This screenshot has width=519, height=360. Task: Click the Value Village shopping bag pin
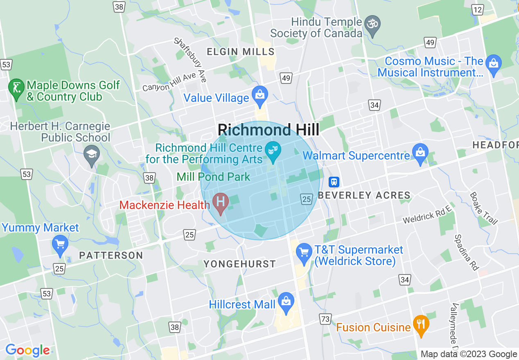point(259,95)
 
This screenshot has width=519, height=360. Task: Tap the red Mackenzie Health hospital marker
point(221,202)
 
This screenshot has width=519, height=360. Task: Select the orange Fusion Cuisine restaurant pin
point(420,325)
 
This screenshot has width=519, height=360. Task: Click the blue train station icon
point(334,182)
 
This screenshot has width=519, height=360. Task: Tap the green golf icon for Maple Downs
point(16,88)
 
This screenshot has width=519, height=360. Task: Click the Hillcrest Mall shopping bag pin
point(286,302)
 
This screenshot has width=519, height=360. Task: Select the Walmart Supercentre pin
point(420,153)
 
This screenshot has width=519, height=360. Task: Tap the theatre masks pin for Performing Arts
point(271,150)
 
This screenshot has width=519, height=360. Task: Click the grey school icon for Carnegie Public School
point(92,155)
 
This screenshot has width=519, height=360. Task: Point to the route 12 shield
point(477,9)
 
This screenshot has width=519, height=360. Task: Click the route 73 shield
point(325,319)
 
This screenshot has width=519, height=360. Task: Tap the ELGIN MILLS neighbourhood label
point(241,52)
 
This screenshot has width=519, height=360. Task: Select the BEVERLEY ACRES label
point(364,196)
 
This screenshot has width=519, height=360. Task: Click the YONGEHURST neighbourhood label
point(240,264)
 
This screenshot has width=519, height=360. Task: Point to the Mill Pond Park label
point(213,177)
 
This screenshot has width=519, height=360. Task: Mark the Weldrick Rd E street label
point(427,215)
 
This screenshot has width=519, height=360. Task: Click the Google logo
point(27,350)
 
